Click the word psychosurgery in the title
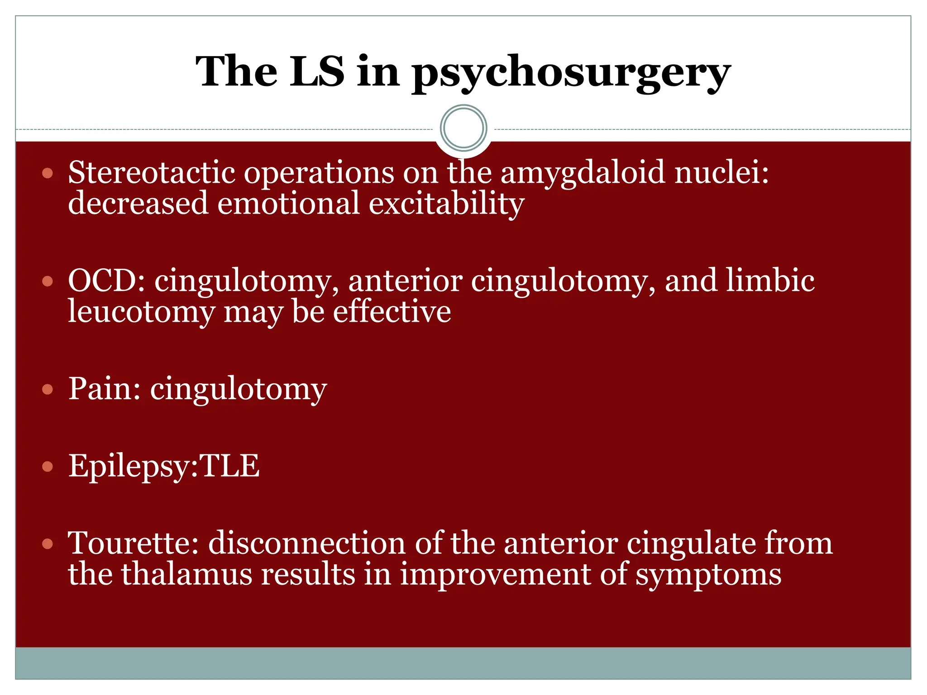[x=571, y=72]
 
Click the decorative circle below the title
[x=463, y=128]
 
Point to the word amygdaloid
[x=583, y=173]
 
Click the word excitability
[x=446, y=203]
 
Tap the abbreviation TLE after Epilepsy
[x=229, y=466]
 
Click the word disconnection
[x=306, y=543]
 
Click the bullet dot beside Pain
[x=48, y=389]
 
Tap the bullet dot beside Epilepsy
[x=48, y=467]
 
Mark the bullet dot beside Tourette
[x=48, y=543]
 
